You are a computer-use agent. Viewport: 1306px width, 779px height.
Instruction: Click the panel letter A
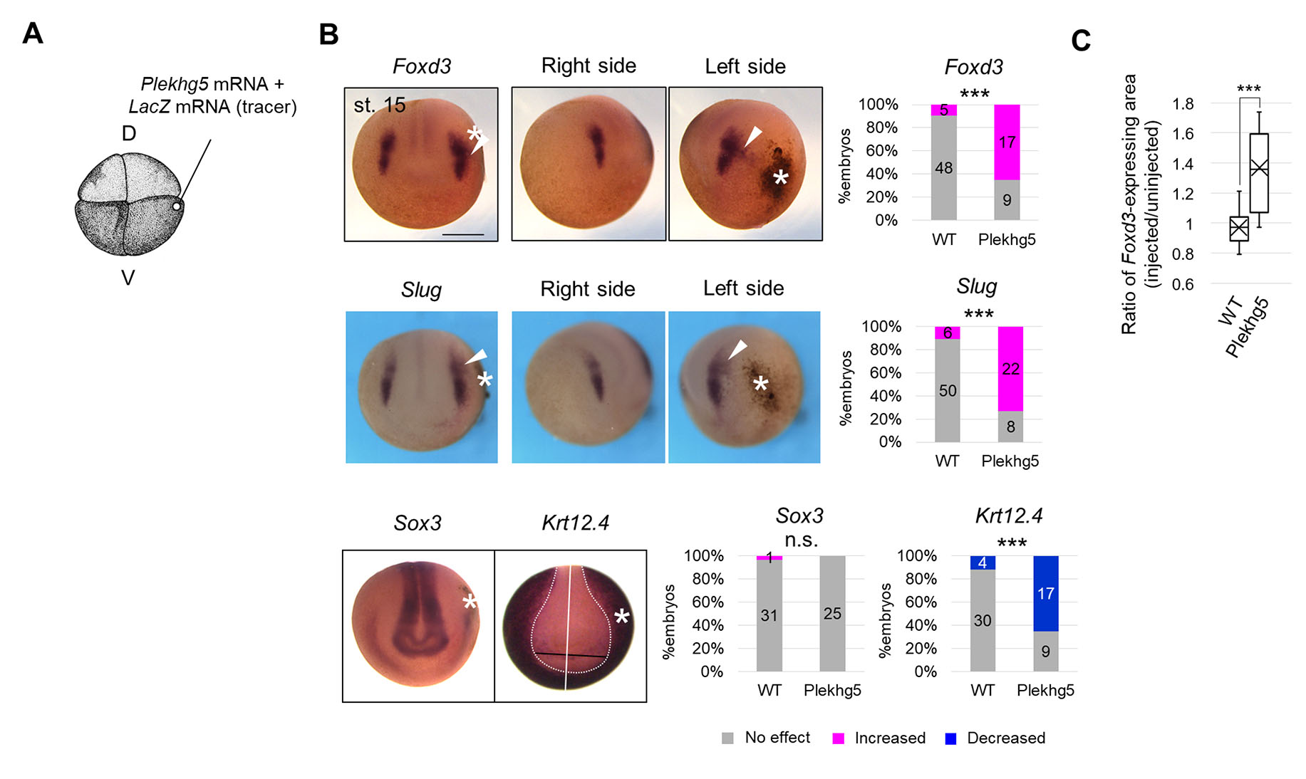[33, 33]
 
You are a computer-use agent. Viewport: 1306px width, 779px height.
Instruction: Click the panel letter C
[1080, 41]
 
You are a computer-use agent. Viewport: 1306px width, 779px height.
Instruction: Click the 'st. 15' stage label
[379, 105]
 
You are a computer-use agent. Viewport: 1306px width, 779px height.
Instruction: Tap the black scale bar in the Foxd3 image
[462, 234]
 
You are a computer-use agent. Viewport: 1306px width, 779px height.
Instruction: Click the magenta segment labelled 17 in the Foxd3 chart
[1007, 142]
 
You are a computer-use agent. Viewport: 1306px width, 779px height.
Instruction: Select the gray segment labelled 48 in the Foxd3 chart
[943, 168]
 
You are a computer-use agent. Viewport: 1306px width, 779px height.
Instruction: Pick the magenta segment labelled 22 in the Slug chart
[1010, 369]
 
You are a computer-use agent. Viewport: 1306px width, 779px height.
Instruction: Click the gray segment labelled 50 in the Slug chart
[947, 390]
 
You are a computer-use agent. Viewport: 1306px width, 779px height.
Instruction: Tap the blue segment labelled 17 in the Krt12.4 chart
[1045, 593]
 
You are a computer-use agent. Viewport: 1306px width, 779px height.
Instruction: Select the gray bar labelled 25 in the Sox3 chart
[832, 613]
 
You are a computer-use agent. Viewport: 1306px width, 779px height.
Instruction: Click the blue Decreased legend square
[950, 738]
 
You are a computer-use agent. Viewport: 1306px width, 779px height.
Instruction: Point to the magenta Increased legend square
[838, 738]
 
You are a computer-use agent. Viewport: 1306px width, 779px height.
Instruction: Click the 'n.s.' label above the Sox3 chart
[801, 540]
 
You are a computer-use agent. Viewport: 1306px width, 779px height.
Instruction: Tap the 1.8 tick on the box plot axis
[1183, 104]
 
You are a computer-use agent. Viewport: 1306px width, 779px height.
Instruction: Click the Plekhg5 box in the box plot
[1259, 172]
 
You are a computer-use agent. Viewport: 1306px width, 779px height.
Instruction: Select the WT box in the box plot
[1239, 229]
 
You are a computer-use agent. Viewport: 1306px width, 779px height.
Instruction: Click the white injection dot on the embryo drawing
[176, 206]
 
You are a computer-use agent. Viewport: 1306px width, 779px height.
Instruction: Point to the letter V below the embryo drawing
[128, 278]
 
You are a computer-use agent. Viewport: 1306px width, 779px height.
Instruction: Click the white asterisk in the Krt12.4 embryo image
[622, 617]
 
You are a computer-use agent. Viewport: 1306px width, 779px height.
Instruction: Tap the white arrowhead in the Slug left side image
[738, 348]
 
